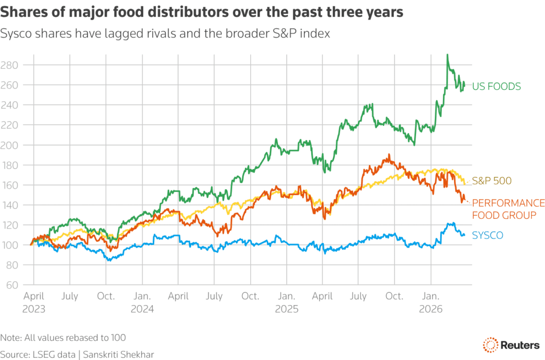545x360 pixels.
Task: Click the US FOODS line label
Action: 496,86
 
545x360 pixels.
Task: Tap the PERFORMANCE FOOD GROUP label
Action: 508,209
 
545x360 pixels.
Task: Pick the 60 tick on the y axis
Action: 11,285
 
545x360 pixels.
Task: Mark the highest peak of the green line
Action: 447,54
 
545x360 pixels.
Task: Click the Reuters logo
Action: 510,345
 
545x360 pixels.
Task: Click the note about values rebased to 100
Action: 63,338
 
